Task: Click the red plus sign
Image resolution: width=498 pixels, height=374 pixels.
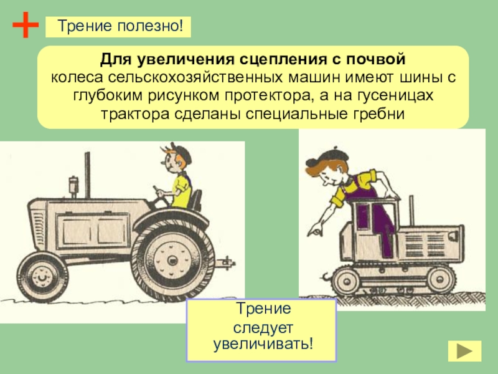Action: (26, 25)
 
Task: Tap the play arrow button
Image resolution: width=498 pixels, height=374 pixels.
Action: (464, 351)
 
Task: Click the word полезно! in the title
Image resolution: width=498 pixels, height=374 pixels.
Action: (150, 26)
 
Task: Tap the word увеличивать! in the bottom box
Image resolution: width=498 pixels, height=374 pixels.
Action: (263, 344)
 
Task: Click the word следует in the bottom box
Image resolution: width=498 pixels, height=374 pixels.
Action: (263, 327)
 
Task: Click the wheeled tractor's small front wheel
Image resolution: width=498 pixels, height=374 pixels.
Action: (42, 277)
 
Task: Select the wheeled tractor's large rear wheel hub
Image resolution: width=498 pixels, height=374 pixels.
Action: (173, 261)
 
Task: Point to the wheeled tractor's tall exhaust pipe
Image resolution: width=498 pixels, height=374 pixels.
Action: (87, 175)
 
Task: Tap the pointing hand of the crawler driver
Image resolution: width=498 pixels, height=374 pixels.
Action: (315, 229)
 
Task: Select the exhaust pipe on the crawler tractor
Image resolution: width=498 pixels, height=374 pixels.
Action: (411, 210)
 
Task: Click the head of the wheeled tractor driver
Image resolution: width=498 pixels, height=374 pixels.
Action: (176, 158)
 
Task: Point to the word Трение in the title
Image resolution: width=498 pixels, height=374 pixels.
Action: (85, 26)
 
